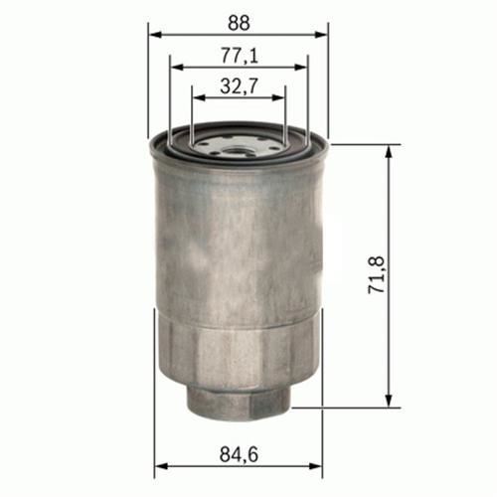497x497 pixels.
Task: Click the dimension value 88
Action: [239, 23]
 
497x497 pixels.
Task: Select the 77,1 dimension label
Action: [240, 56]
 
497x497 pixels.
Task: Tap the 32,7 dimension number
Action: [239, 86]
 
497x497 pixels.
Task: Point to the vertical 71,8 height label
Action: [377, 274]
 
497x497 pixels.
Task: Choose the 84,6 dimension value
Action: [239, 454]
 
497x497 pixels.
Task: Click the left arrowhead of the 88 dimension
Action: [155, 35]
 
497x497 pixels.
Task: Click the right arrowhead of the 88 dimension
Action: [321, 35]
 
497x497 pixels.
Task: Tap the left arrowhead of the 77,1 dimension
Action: [177, 68]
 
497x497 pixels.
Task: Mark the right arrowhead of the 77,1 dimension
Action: [301, 68]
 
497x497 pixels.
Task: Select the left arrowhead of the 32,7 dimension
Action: [200, 97]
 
